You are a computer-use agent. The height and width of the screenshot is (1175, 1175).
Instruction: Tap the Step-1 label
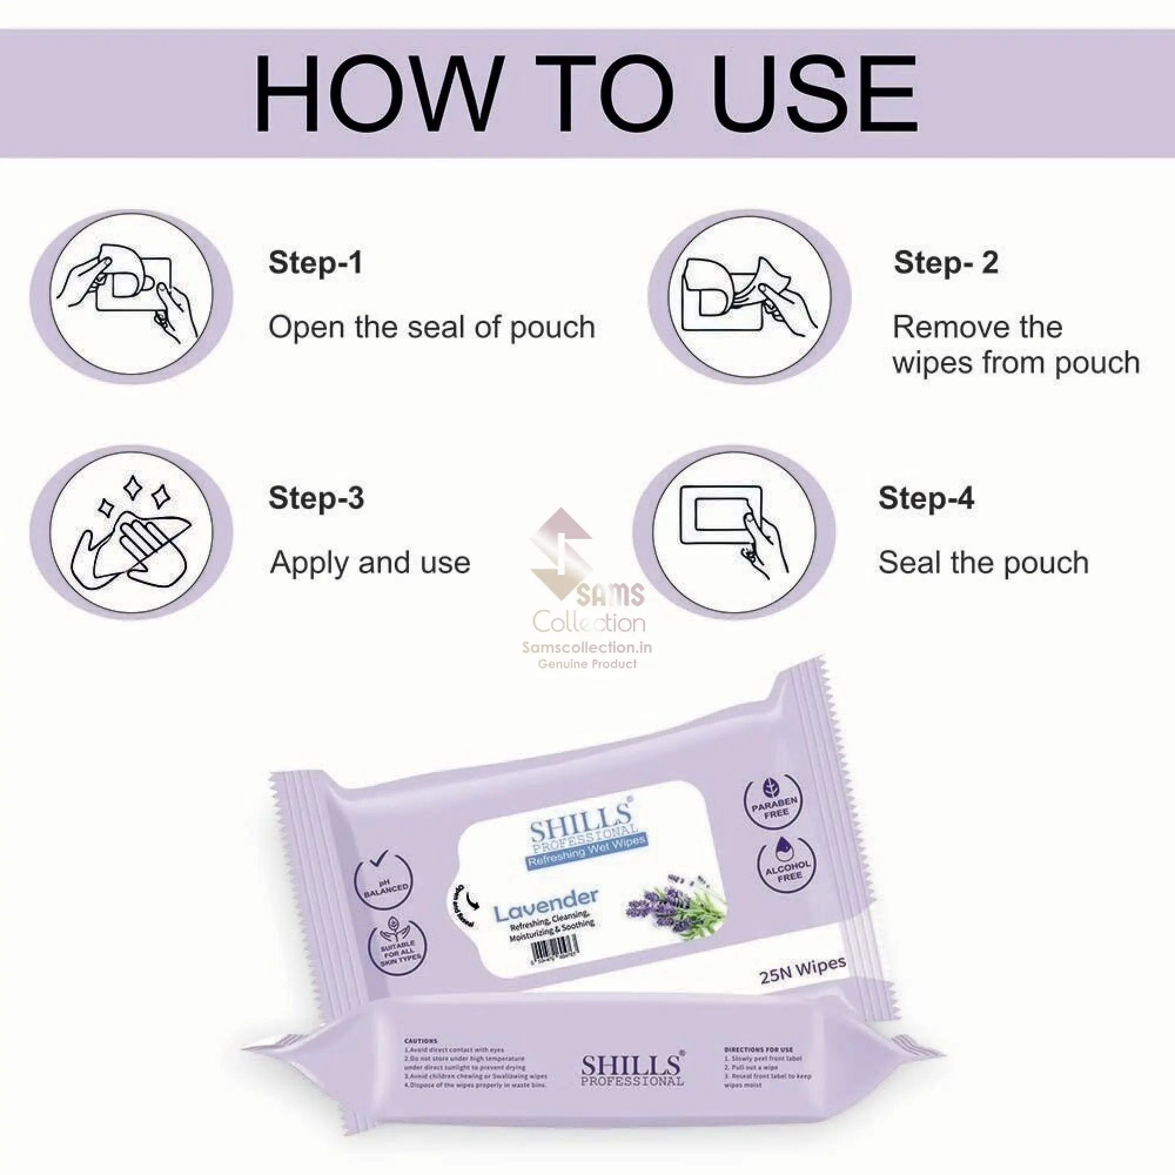click(x=315, y=263)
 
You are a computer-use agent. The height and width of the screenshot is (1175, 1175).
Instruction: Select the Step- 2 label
click(x=946, y=263)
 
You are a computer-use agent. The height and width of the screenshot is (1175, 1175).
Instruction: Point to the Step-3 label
click(x=316, y=498)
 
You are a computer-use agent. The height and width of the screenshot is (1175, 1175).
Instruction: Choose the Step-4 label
click(x=926, y=498)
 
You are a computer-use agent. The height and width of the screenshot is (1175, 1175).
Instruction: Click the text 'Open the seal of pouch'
click(x=432, y=327)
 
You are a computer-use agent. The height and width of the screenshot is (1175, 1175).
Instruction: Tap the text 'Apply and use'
click(x=370, y=563)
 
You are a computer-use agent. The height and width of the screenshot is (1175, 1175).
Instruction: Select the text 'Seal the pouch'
click(x=983, y=563)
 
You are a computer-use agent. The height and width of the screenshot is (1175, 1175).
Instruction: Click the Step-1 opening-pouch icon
click(x=132, y=297)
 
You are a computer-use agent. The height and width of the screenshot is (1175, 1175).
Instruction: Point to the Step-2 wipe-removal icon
click(x=749, y=297)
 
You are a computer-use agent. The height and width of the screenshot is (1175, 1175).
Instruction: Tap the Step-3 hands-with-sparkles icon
click(x=132, y=532)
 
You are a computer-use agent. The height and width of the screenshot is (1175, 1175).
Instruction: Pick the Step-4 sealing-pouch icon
click(x=734, y=532)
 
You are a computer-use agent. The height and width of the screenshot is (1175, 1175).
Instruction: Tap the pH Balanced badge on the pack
click(x=383, y=881)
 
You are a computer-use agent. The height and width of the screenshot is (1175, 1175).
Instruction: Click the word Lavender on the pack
click(x=546, y=904)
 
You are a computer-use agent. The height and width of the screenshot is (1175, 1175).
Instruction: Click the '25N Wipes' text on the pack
click(x=802, y=969)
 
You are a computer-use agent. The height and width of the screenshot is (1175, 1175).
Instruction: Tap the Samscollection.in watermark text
click(x=587, y=647)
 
